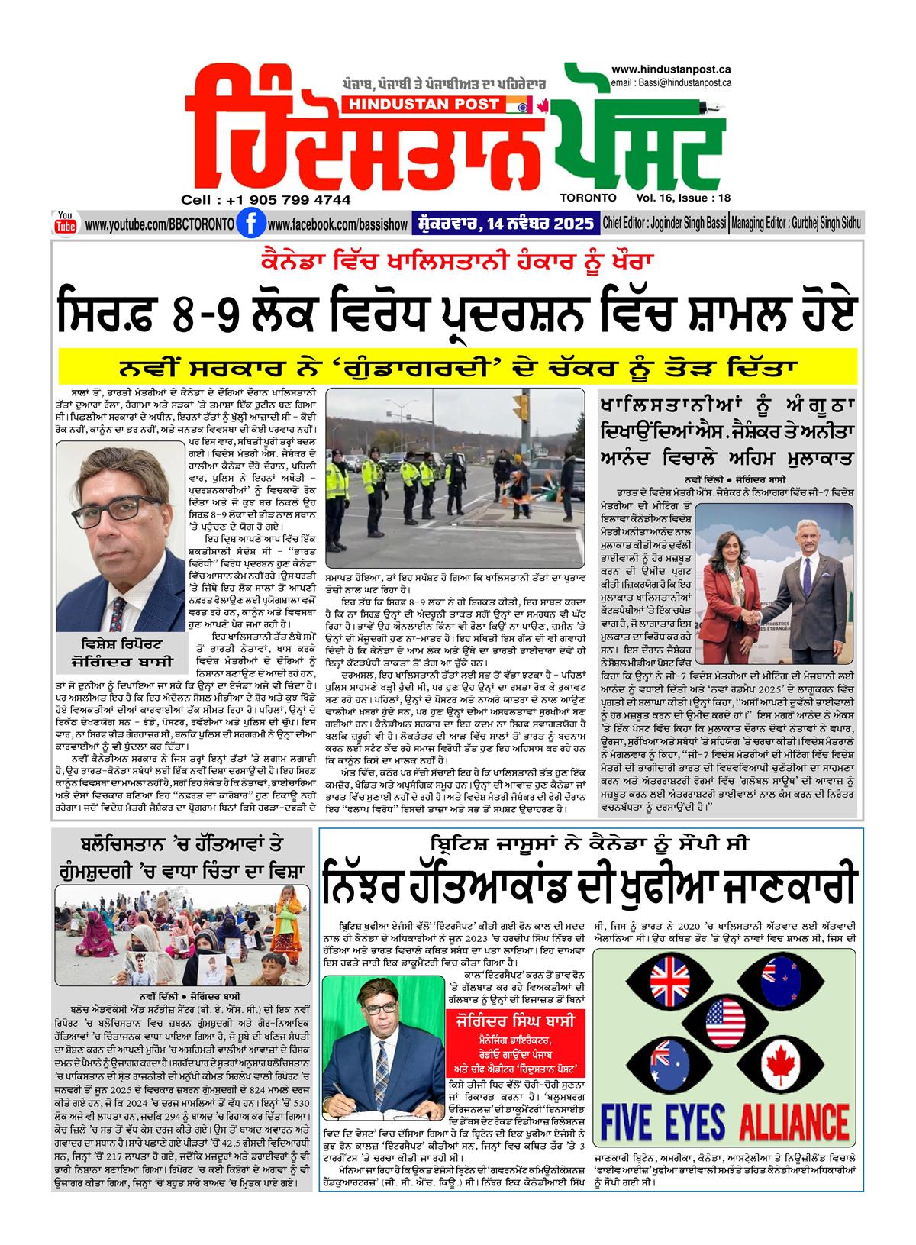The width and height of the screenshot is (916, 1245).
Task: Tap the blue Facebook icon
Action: pyautogui.click(x=247, y=224)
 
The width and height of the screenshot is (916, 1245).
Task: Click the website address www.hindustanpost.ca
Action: pyautogui.click(x=672, y=69)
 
